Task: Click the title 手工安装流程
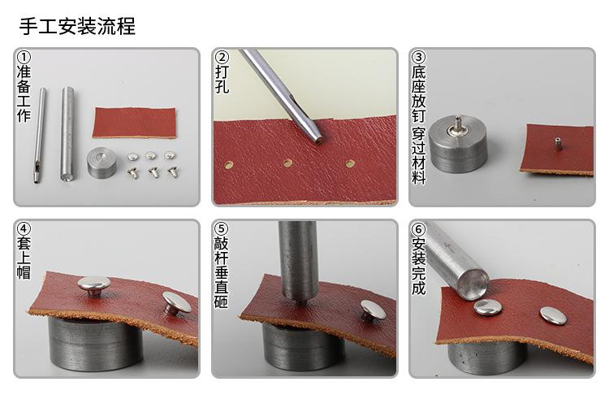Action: click(x=77, y=26)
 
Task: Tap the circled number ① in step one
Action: click(x=24, y=58)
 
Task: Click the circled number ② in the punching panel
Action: click(x=222, y=58)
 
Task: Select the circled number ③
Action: click(x=419, y=58)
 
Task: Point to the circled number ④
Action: click(x=24, y=230)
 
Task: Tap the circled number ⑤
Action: click(x=222, y=230)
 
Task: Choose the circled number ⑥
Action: click(x=419, y=230)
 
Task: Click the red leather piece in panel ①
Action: click(x=134, y=122)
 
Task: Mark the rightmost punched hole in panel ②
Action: click(x=350, y=163)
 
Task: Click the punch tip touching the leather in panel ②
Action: click(x=318, y=138)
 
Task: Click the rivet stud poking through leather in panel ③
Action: click(x=558, y=144)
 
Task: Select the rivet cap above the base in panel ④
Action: click(x=94, y=284)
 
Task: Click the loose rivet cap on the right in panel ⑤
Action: click(x=374, y=309)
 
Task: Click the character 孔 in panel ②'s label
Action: click(x=222, y=85)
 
